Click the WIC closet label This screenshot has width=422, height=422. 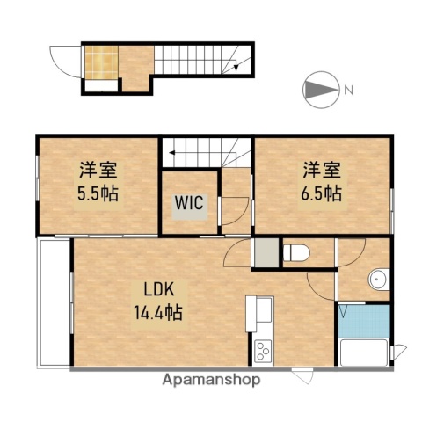(x=189, y=202)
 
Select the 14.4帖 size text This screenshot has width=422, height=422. (x=158, y=311)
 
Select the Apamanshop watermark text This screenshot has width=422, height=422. (x=211, y=381)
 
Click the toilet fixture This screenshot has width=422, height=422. (x=296, y=252)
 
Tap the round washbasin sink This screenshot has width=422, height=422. (x=379, y=280)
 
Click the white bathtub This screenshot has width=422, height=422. (x=364, y=355)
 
